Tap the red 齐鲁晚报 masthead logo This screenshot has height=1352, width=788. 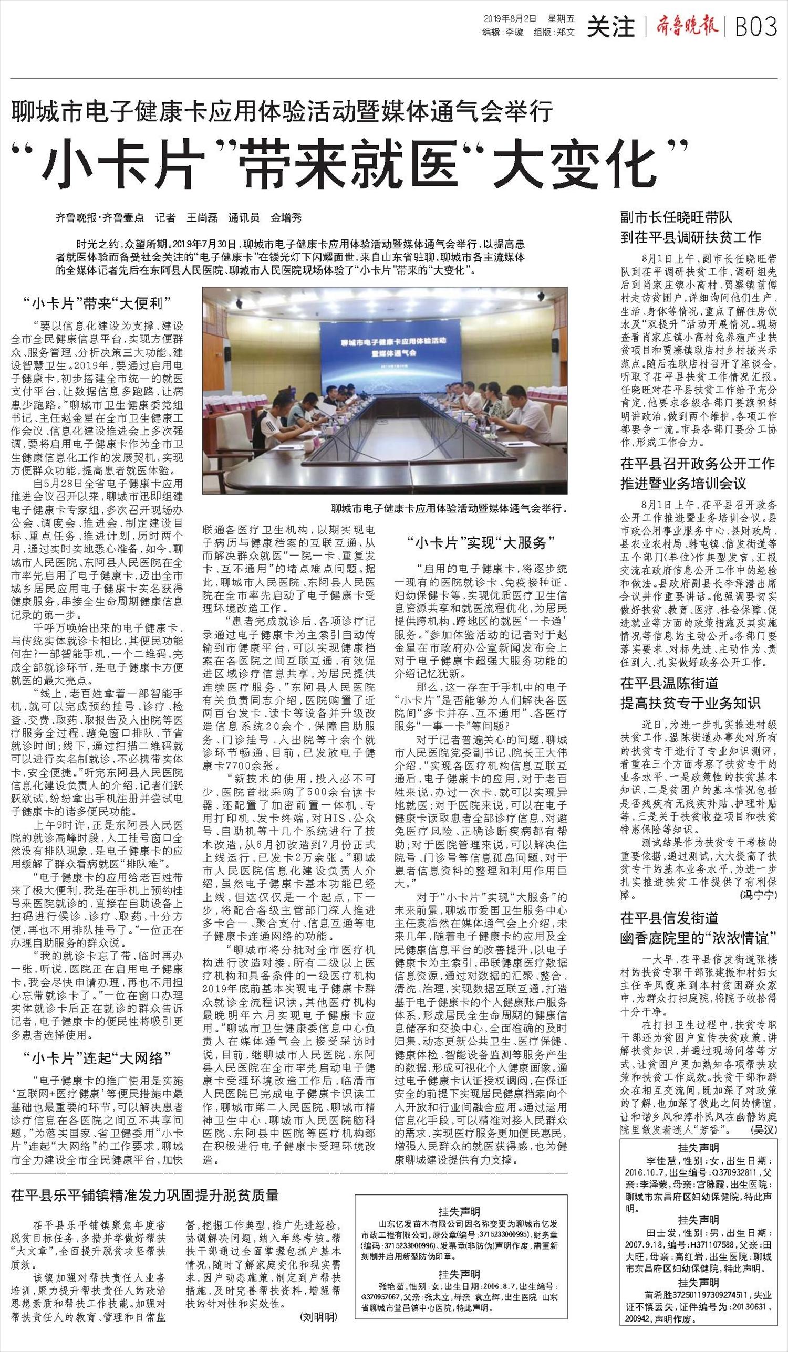686,26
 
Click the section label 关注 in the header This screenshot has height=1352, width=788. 611,26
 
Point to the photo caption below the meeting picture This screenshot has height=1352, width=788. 449,508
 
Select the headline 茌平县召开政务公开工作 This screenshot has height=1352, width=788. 698,463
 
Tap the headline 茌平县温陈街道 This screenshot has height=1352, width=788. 669,683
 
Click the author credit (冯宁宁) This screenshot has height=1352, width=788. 758,895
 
